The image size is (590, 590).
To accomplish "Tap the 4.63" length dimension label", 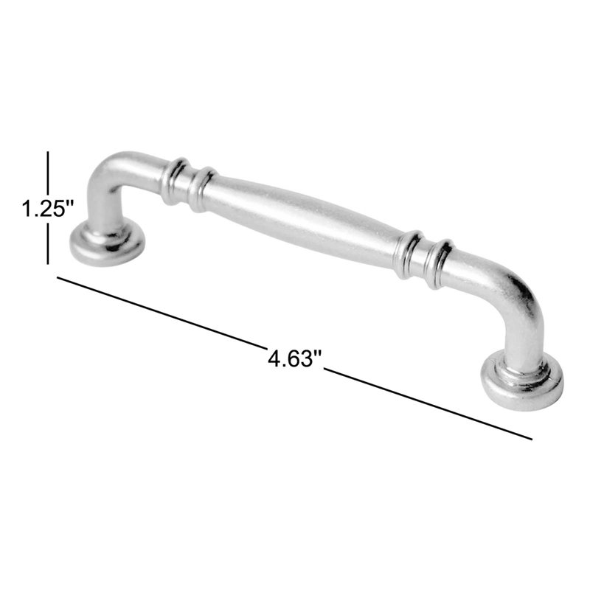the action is click(x=296, y=358).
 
